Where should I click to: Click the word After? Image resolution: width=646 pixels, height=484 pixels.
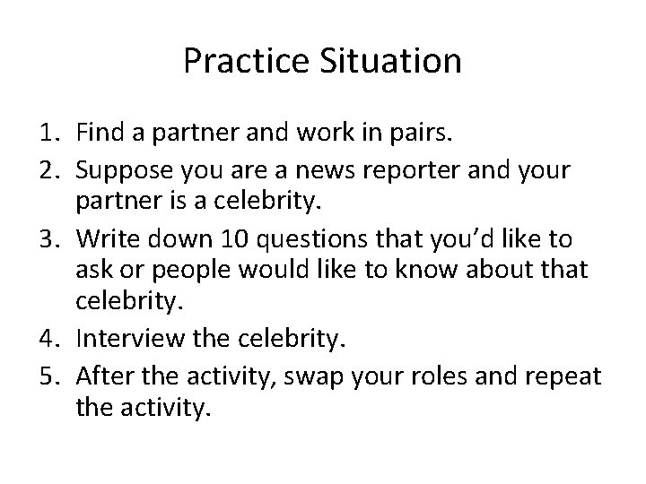[102, 376]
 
